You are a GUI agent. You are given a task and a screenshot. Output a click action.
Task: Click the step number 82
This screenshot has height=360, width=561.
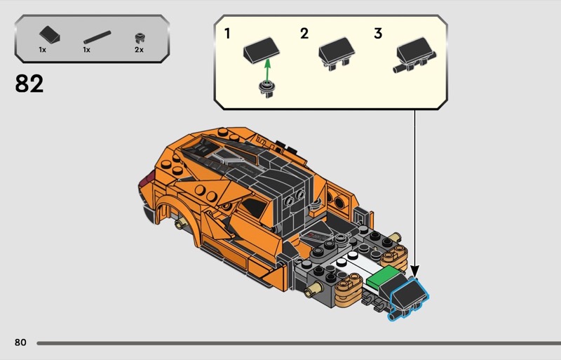(x=29, y=84)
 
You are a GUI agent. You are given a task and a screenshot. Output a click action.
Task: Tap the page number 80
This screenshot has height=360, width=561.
(x=20, y=342)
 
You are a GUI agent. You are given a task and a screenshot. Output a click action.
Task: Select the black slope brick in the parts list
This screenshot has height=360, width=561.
(x=50, y=35)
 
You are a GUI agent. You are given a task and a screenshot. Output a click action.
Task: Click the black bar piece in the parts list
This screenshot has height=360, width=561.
(x=97, y=37)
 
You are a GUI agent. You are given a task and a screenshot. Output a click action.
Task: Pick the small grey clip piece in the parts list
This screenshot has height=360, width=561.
(x=140, y=38)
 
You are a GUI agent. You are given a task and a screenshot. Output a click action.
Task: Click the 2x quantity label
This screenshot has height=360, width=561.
(x=139, y=50)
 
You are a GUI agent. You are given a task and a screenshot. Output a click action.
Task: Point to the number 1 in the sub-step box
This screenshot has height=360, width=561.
(x=227, y=34)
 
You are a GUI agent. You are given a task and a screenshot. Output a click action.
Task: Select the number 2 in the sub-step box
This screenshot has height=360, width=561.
(x=304, y=34)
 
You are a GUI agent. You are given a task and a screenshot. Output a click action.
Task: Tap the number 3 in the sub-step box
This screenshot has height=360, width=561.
(x=378, y=34)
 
